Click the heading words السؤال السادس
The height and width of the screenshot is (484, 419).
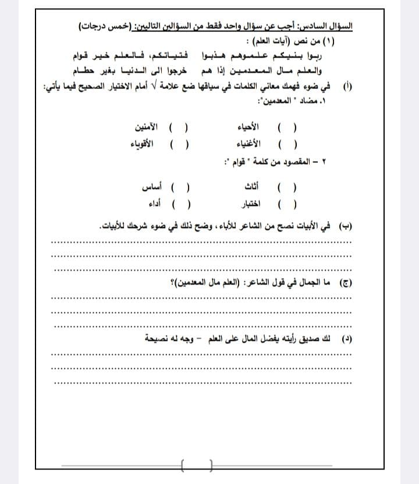pyautogui.click(x=331, y=27)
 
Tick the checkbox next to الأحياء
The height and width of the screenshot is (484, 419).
pyautogui.click(x=287, y=127)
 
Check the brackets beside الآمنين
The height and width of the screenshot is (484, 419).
pyautogui.click(x=179, y=127)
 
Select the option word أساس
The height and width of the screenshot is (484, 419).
pyautogui.click(x=152, y=187)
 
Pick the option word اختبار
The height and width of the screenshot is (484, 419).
pyautogui.click(x=251, y=204)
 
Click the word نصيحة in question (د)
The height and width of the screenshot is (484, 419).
pyautogui.click(x=158, y=338)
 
